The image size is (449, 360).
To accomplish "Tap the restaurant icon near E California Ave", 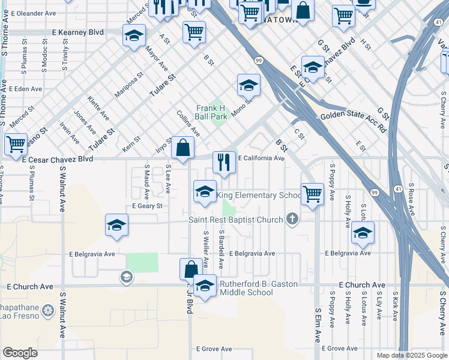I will click(224, 163).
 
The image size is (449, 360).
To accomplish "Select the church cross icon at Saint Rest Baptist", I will click(292, 219).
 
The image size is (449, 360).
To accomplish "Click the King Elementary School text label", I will click(259, 196).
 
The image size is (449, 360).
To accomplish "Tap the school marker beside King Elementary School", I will click(205, 192).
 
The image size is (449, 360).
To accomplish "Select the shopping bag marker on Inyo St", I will click(182, 148).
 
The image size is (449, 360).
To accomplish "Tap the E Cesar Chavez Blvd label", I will click(58, 160).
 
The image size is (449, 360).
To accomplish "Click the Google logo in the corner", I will click(20, 353).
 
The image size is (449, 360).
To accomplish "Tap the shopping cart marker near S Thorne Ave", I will click(16, 145).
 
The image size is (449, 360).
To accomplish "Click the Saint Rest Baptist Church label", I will click(235, 220).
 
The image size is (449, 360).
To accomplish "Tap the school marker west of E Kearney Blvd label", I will click(134, 35).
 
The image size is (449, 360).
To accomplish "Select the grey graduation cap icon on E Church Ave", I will click(126, 277).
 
